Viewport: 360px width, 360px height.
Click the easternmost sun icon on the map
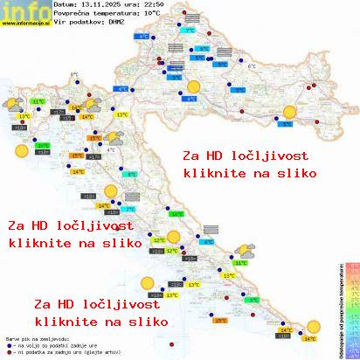(x=289, y=111)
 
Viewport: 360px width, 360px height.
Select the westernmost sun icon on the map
(x=20, y=151)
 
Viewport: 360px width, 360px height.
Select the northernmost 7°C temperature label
(x=188, y=31)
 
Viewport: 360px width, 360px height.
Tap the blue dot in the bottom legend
(x=8, y=344)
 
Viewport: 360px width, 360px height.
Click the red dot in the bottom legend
(x=8, y=351)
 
